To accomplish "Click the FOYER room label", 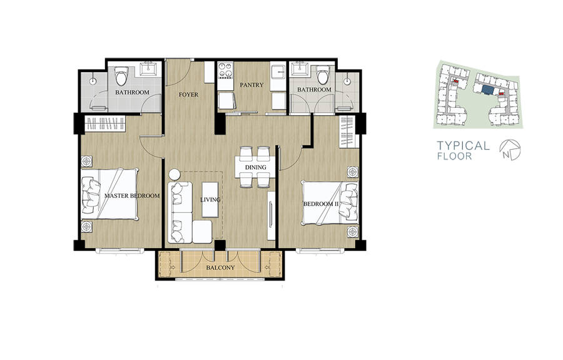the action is click(188, 95).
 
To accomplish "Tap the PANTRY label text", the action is click(251, 85).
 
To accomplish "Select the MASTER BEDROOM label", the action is click(132, 196).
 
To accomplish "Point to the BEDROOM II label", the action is click(321, 204).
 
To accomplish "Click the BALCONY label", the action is click(220, 268).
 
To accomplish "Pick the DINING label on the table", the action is click(256, 167).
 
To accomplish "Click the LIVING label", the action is click(210, 200).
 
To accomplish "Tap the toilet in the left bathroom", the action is click(121, 76).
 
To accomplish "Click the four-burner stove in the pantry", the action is click(225, 70).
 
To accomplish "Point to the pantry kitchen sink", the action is click(278, 71).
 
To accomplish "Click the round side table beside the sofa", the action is click(175, 175).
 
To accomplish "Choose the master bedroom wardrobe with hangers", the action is click(105, 123).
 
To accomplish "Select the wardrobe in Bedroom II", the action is click(347, 131).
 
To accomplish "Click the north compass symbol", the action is click(510, 150).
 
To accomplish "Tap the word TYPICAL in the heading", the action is click(463, 145).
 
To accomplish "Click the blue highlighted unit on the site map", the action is click(488, 90).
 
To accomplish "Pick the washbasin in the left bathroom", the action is click(148, 68).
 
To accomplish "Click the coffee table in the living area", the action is click(210, 200).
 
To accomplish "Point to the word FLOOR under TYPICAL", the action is click(454, 157).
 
